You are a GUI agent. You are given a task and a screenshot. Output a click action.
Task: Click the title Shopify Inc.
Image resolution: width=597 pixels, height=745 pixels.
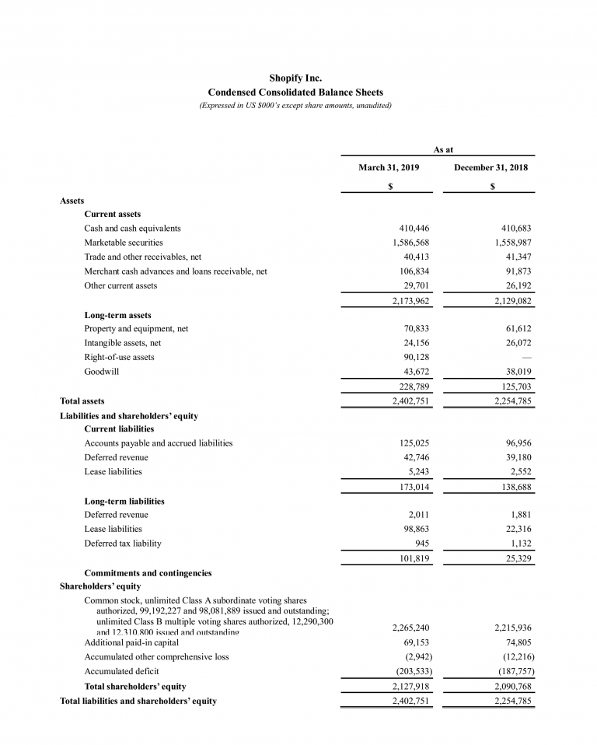pyautogui.click(x=295, y=78)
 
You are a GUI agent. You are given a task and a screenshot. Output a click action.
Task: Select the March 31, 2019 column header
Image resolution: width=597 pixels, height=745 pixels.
pyautogui.click(x=389, y=167)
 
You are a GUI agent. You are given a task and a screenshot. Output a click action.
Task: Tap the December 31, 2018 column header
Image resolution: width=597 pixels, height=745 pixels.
pyautogui.click(x=492, y=167)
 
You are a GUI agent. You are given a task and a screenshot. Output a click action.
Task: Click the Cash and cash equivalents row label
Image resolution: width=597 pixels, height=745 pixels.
pyautogui.click(x=132, y=228)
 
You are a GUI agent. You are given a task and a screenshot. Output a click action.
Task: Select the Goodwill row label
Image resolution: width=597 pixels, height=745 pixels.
pyautogui.click(x=101, y=371)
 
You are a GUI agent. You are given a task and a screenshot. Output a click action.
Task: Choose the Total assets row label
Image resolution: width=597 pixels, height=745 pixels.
pyautogui.click(x=82, y=401)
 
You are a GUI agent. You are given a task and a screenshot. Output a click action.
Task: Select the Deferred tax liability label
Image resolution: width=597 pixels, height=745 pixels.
pyautogui.click(x=123, y=543)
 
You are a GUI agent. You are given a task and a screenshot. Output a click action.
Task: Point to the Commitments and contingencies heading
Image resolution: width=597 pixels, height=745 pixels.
pyautogui.click(x=148, y=573)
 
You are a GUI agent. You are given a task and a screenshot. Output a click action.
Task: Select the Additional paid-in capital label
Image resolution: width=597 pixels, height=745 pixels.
pyautogui.click(x=131, y=642)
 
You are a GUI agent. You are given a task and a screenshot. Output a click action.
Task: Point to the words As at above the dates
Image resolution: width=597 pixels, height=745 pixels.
pyautogui.click(x=443, y=149)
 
